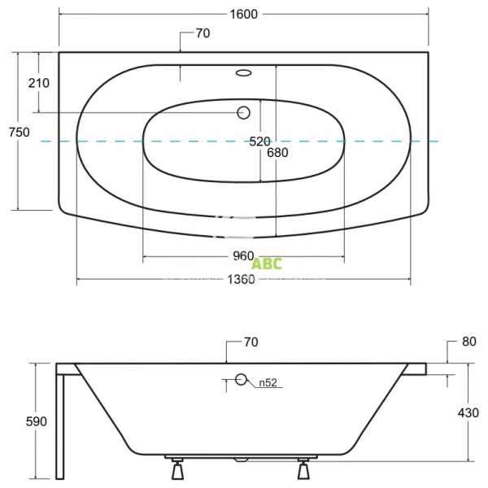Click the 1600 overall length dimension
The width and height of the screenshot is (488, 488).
coord(243,14)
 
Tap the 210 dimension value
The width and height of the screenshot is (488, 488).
coord(38,83)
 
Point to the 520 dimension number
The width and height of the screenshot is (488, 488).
coord(259,141)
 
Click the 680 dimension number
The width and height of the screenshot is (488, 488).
coord(277,152)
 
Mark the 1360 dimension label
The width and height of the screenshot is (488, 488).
coord(243,280)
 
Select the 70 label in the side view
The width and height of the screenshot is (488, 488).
coord(251,342)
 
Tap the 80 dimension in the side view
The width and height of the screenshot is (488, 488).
coord(468,342)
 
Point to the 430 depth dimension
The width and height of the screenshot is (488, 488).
coord(468,413)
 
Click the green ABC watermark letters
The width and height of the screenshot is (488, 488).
coord(267,264)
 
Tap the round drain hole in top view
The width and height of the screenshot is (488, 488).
coord(242,113)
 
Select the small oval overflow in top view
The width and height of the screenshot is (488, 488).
coord(243,74)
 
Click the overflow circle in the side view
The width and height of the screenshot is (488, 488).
coord(241,380)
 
